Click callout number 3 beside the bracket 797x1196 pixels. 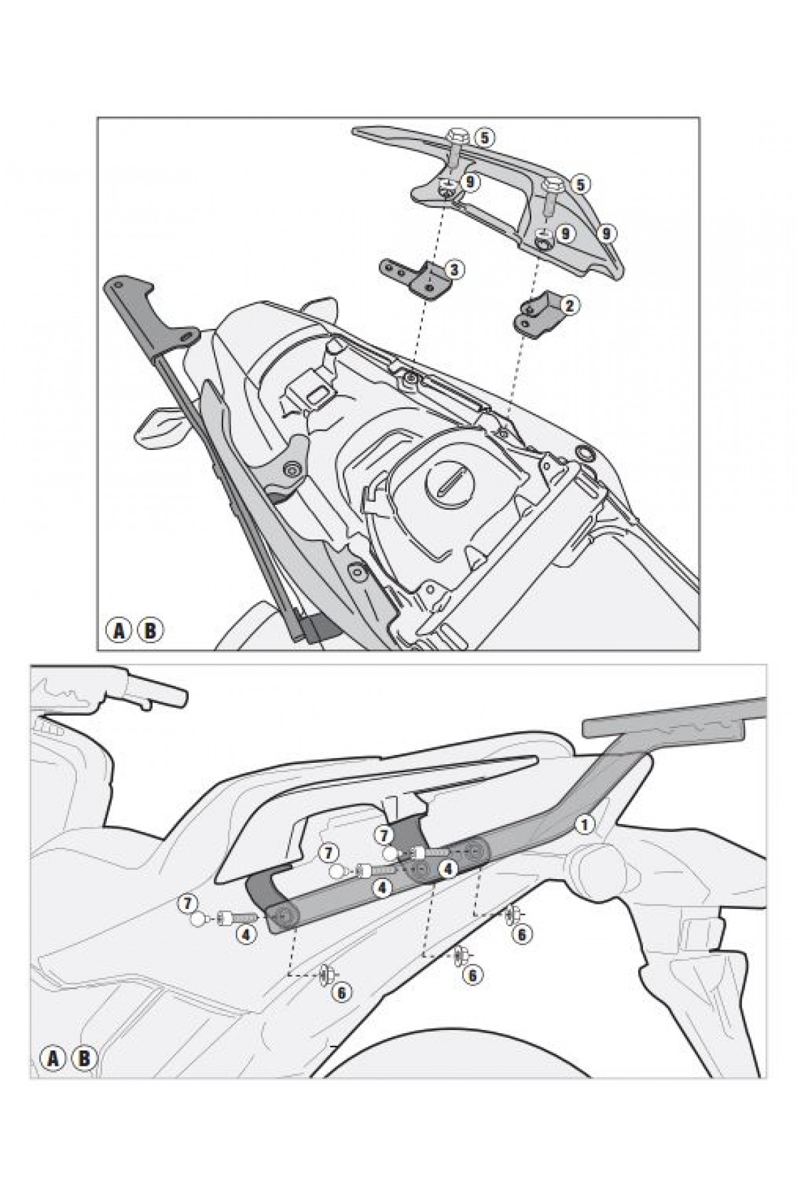click(454, 269)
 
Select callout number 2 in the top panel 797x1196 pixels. click(570, 305)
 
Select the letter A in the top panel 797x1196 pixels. click(120, 630)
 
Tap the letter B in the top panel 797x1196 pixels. click(150, 630)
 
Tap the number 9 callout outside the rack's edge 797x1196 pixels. click(605, 233)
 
